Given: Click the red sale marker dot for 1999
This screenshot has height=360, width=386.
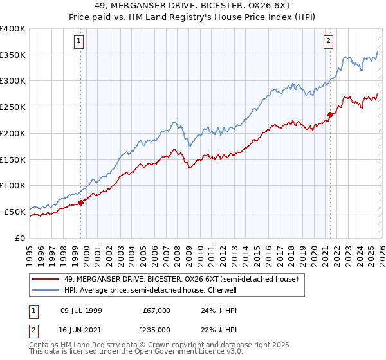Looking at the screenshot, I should pyautogui.click(x=80, y=203).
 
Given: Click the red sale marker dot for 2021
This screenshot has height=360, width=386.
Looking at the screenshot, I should pyautogui.click(x=330, y=114).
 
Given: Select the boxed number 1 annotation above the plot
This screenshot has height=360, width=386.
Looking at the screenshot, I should pyautogui.click(x=78, y=41).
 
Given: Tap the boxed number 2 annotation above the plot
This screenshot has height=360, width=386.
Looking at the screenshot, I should pyautogui.click(x=328, y=41).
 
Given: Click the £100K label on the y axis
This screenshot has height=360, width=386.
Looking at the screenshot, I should pyautogui.click(x=13, y=185).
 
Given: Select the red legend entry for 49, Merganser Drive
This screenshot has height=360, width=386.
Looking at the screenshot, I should pyautogui.click(x=181, y=280).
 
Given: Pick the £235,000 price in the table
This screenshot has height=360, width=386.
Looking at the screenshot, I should pyautogui.click(x=157, y=329).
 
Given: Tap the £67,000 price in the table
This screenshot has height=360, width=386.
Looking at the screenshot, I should pyautogui.click(x=157, y=310).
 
